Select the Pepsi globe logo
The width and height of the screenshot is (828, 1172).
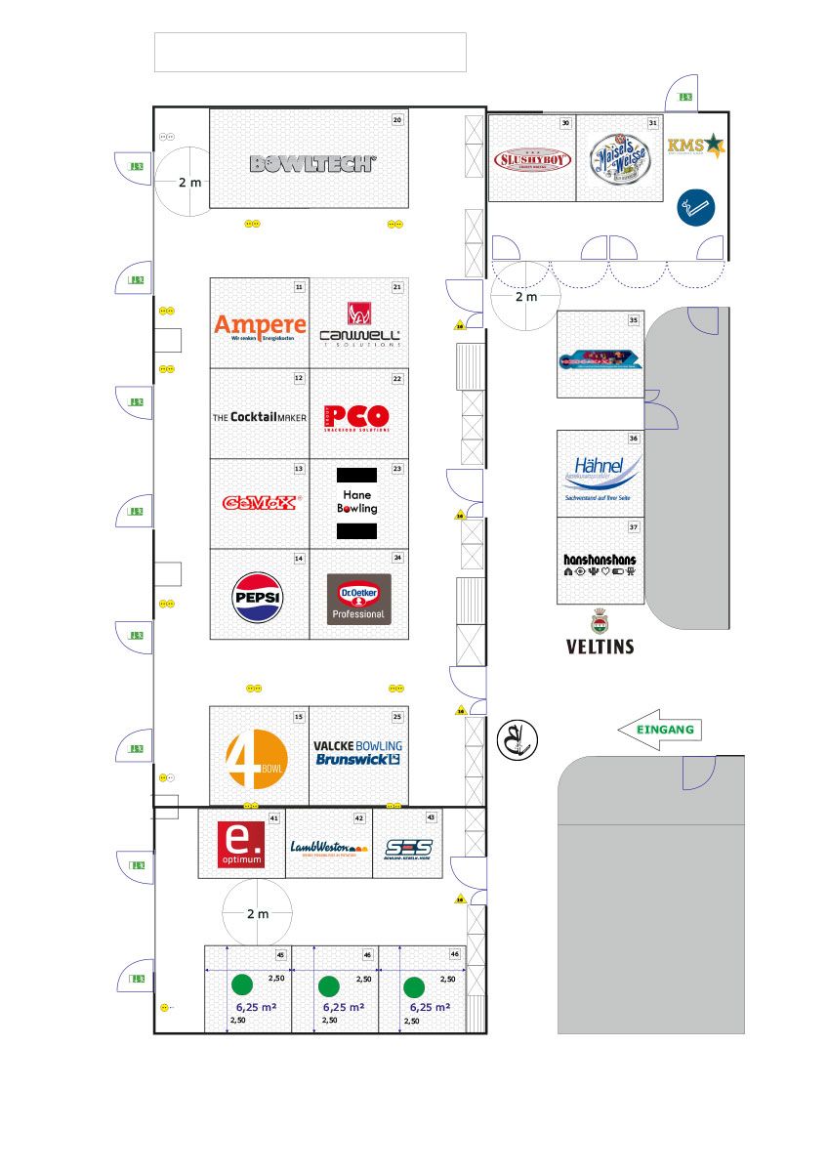[258, 597]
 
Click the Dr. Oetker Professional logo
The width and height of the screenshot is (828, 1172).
[358, 599]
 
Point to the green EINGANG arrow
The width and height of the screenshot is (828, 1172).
[659, 730]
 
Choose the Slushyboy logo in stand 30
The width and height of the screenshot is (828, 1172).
[531, 159]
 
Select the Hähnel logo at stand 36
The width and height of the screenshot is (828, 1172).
[600, 475]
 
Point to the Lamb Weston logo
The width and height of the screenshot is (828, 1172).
[327, 847]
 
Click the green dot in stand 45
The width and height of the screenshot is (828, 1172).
[243, 984]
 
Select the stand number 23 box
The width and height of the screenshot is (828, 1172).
[397, 469]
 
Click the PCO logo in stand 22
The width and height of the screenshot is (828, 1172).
[357, 417]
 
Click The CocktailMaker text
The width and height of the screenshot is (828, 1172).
[260, 417]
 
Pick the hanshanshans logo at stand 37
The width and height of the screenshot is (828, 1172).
[600, 565]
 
